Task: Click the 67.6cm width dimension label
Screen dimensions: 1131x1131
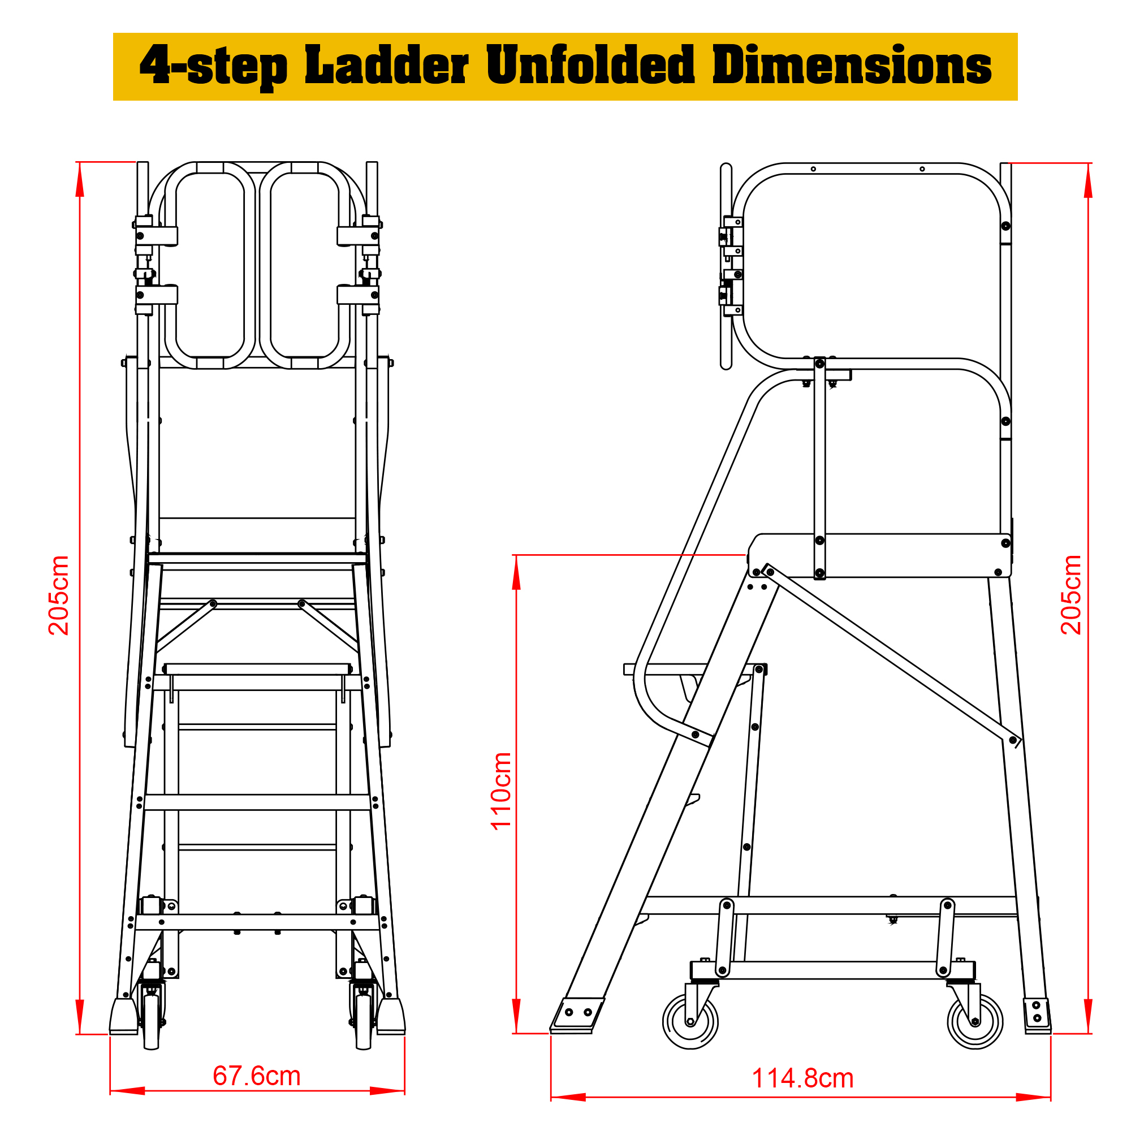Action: (x=256, y=1076)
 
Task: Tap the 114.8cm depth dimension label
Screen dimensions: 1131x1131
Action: (x=802, y=1078)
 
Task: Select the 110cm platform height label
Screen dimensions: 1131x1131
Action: (x=501, y=791)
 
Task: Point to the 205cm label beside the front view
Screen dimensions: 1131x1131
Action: (x=59, y=595)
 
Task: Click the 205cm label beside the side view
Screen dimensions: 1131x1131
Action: (x=1071, y=595)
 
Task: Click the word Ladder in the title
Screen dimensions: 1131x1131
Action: (x=387, y=65)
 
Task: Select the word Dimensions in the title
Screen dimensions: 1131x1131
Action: (x=852, y=65)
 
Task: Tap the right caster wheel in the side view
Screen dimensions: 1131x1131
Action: (x=975, y=1021)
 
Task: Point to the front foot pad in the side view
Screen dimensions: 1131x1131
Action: (x=577, y=1016)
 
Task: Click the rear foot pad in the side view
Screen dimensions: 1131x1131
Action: (x=1037, y=1016)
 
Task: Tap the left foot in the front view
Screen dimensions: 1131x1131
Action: (x=124, y=1017)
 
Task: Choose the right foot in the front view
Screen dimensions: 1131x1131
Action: (x=390, y=1017)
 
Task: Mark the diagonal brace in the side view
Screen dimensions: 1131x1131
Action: (x=892, y=655)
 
